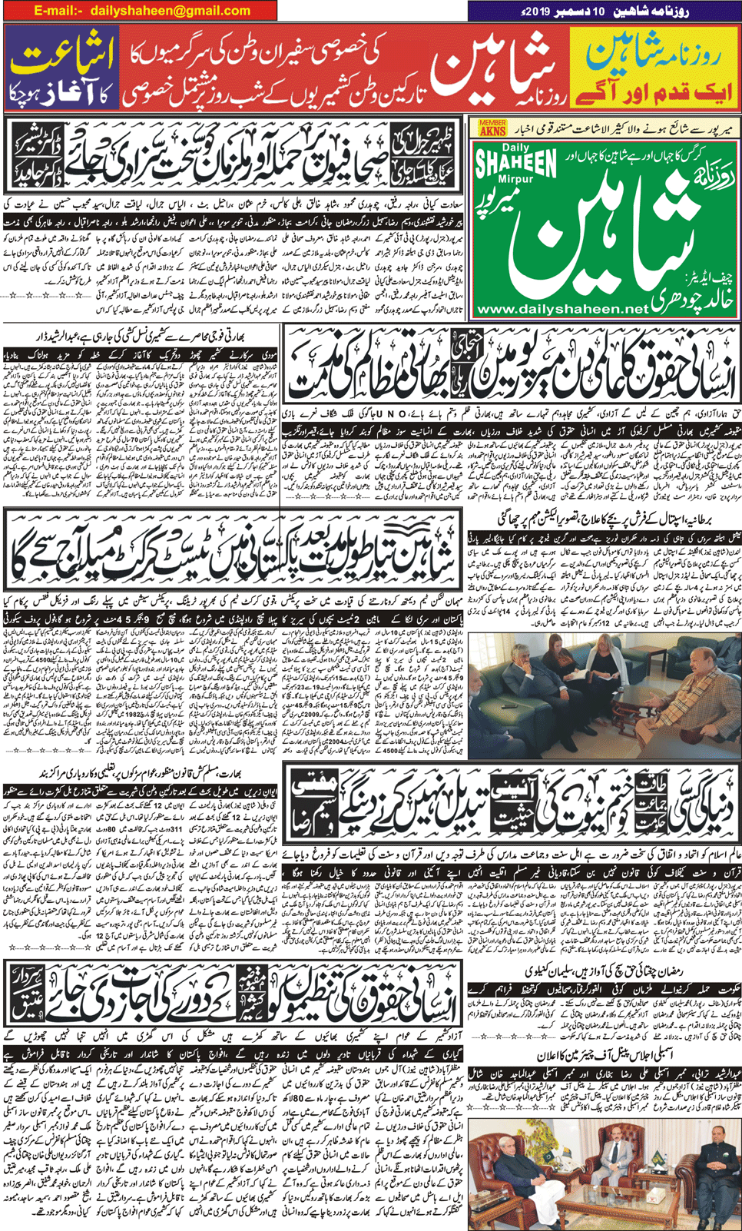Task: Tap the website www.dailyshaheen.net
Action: coord(561,309)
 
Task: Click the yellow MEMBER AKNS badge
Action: coord(492,128)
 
